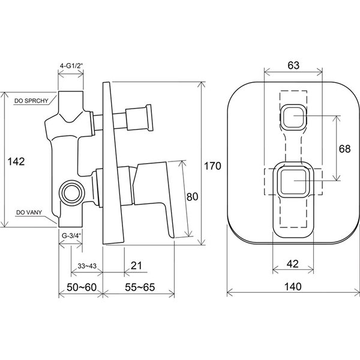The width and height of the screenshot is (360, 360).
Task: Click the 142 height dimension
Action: [16, 161]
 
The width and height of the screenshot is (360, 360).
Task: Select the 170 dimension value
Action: [212, 166]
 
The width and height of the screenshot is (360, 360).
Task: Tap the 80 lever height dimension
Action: [192, 197]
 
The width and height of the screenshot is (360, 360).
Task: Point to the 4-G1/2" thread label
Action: [71, 65]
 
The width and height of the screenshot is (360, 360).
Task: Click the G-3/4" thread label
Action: [71, 236]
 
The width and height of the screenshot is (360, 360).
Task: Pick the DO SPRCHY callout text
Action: [31, 101]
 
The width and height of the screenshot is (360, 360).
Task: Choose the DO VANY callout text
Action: [29, 212]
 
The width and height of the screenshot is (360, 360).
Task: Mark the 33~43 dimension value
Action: [87, 266]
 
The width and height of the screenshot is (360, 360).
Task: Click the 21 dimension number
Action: [136, 266]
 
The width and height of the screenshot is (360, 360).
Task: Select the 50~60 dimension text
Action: [82, 287]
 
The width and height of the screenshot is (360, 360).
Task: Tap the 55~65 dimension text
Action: [140, 287]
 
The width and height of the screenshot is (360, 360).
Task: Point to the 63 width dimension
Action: [293, 65]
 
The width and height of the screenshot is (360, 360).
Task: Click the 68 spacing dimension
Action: [345, 149]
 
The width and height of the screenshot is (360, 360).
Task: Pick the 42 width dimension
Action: [293, 264]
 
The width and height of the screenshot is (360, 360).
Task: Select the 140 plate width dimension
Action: [293, 287]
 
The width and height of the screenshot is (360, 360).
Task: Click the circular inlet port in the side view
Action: [72, 192]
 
